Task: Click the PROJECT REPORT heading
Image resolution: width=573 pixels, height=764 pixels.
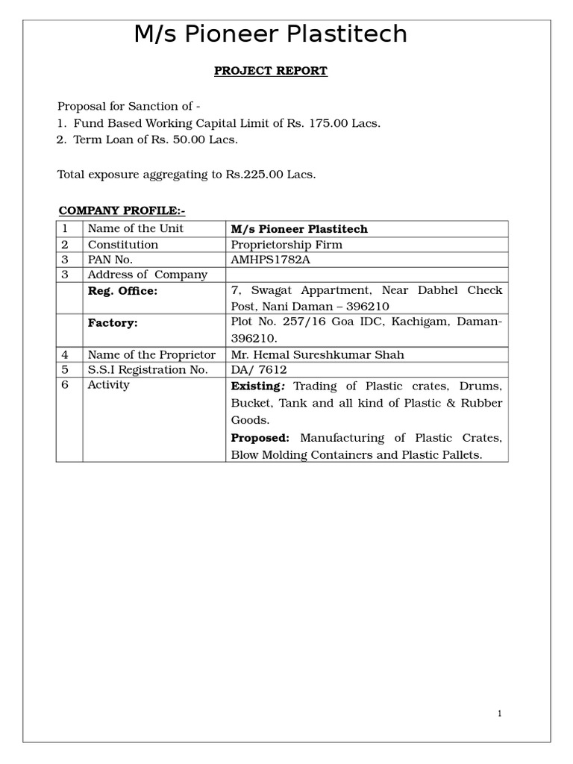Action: click(270, 71)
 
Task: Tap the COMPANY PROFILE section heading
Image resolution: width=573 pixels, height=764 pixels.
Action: click(122, 210)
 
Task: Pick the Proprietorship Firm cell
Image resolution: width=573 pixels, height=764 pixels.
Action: click(286, 245)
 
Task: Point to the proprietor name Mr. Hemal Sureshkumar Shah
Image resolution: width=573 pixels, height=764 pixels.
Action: click(317, 355)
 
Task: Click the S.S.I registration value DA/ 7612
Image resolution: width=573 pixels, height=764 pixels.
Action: click(259, 370)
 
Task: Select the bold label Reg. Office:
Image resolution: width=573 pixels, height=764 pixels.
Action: click(122, 291)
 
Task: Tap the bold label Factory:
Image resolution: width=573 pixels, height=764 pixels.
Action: click(113, 323)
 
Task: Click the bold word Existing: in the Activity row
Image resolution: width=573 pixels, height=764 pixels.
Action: click(258, 386)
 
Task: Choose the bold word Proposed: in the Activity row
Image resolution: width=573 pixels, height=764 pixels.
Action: click(260, 438)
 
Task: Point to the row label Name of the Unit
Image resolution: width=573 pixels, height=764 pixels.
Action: click(135, 228)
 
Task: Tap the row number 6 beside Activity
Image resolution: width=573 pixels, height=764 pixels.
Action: click(65, 385)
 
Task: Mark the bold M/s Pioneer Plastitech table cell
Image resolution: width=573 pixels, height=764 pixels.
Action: click(299, 229)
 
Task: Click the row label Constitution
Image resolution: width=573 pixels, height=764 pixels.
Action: click(122, 245)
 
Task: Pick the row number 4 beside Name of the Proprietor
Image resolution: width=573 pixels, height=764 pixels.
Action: click(65, 355)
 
